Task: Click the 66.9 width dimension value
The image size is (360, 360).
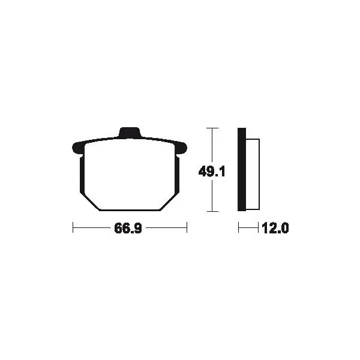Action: click(128, 228)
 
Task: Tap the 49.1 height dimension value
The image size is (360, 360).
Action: click(212, 172)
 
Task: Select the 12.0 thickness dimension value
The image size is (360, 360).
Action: click(275, 228)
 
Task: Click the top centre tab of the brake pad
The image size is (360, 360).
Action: click(130, 133)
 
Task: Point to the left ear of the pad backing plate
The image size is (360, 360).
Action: click(77, 148)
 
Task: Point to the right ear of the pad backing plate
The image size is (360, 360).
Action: click(181, 148)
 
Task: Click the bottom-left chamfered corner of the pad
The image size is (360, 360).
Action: click(92, 202)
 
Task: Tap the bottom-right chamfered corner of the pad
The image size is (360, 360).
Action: click(169, 202)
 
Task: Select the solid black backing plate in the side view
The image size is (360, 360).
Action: click(242, 169)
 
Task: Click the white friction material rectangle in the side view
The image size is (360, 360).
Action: click(253, 174)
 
